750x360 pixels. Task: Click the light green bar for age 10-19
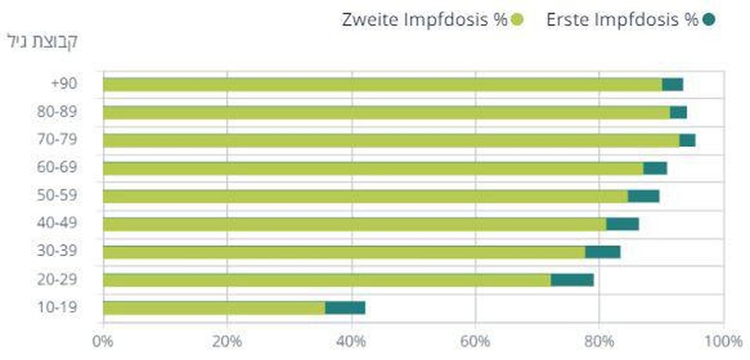(x=214, y=308)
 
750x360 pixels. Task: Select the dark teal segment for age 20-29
(x=572, y=280)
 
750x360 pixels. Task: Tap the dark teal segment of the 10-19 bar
(x=345, y=308)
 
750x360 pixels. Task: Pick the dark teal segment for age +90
(x=673, y=84)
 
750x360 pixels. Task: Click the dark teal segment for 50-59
(x=643, y=196)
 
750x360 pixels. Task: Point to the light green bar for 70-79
(x=391, y=140)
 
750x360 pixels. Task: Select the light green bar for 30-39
(x=344, y=252)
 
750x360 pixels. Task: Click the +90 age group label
(x=65, y=84)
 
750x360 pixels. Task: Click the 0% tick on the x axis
(x=103, y=341)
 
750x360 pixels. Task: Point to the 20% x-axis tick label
(x=227, y=341)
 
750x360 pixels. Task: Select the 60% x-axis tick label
(x=475, y=341)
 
